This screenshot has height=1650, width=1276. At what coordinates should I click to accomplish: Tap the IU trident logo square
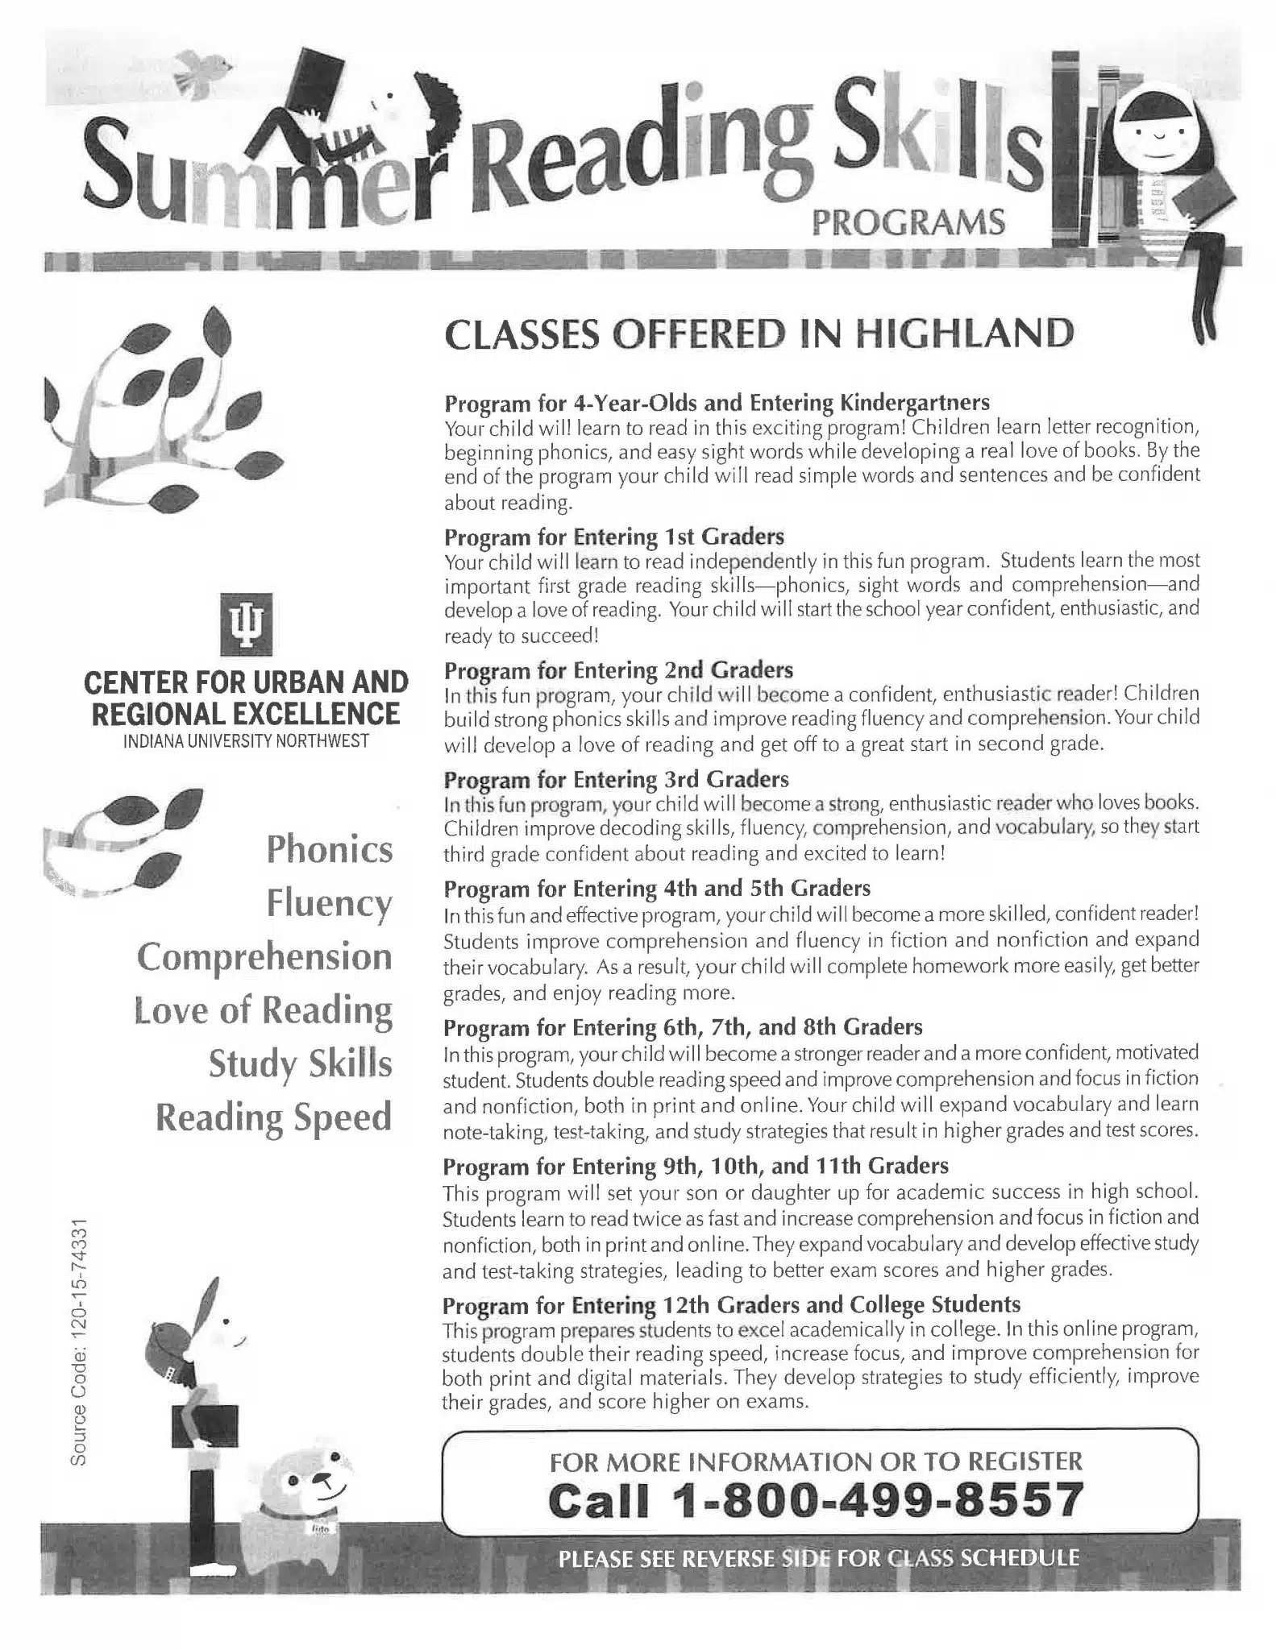pyautogui.click(x=246, y=624)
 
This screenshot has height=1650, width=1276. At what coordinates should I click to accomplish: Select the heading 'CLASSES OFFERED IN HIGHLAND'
pyautogui.click(x=759, y=334)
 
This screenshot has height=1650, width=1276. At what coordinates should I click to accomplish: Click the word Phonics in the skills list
pyautogui.click(x=329, y=849)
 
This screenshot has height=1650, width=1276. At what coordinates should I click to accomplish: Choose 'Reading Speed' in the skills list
pyautogui.click(x=273, y=1117)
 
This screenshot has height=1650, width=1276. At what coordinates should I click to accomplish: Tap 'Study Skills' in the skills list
pyautogui.click(x=300, y=1063)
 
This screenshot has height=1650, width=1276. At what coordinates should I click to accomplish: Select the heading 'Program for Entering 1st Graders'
pyautogui.click(x=614, y=536)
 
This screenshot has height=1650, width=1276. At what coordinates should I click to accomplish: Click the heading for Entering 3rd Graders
pyautogui.click(x=616, y=779)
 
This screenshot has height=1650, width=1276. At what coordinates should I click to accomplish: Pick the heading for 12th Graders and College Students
pyautogui.click(x=731, y=1304)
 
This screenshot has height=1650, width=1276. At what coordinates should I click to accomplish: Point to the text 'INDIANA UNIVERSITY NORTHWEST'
pyautogui.click(x=246, y=741)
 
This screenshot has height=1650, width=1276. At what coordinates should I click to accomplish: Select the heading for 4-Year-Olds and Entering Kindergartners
pyautogui.click(x=717, y=401)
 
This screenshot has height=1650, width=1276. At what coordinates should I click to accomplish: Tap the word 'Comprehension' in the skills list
pyautogui.click(x=264, y=956)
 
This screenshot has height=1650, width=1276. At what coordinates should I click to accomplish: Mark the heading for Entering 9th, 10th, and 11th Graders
pyautogui.click(x=696, y=1166)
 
